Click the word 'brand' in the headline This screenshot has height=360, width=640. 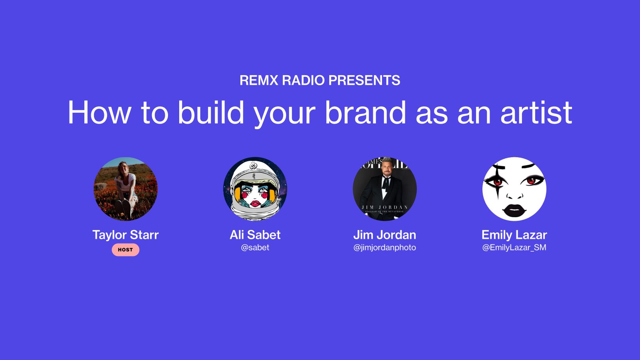[x=366, y=113]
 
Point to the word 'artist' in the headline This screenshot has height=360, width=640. [x=536, y=113]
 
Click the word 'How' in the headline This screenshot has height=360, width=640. [x=99, y=113]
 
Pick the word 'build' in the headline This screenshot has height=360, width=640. [x=211, y=113]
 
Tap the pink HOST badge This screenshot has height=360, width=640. [x=125, y=250]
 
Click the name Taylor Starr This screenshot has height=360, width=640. [x=125, y=235]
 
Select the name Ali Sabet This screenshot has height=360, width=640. [x=255, y=235]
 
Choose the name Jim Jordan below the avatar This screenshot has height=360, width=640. [x=385, y=235]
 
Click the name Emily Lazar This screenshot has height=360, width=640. [x=514, y=235]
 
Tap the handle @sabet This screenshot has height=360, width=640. [x=255, y=248]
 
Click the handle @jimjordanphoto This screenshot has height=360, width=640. [x=385, y=248]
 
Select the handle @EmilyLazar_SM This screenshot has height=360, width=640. [x=514, y=248]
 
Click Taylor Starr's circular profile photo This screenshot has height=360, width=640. [x=126, y=189]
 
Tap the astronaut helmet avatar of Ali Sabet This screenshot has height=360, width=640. [x=255, y=189]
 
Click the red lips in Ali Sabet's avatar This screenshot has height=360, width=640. [x=255, y=203]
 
